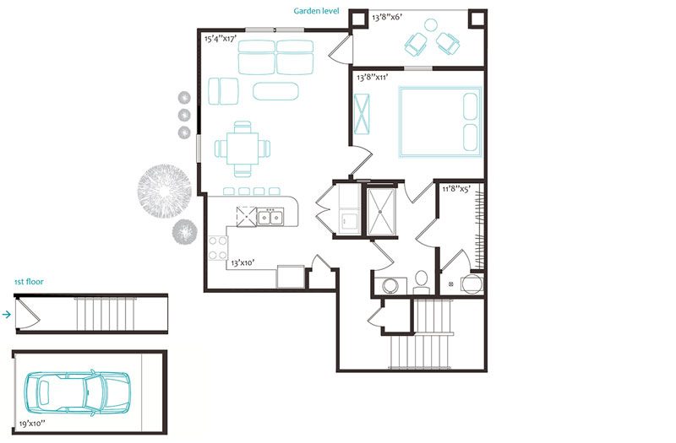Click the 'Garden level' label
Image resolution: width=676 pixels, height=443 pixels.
316,11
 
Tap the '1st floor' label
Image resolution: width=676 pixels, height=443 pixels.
29,282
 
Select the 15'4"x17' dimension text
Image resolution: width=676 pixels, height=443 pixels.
221,39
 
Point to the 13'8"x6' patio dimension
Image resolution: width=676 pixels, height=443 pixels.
387,17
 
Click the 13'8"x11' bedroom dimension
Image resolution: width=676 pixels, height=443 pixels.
373,78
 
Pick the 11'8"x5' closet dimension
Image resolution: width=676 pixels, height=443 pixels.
456,188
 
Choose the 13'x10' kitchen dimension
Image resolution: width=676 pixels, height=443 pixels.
243,262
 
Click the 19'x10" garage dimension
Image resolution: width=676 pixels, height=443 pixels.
32,424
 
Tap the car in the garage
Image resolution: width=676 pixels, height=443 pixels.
77,393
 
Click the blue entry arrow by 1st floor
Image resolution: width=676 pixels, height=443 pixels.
7,314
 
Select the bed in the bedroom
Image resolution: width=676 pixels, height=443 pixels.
440,122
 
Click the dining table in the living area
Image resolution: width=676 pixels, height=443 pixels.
243,149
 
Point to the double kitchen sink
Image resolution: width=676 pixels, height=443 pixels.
270,217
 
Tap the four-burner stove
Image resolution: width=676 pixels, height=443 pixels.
218,248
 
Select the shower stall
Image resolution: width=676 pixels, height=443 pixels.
381,212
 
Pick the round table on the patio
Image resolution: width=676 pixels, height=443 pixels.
431,25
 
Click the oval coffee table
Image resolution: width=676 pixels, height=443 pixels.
275,91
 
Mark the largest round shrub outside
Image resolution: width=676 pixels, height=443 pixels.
164,191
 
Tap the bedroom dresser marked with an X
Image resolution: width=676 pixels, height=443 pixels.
362,114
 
